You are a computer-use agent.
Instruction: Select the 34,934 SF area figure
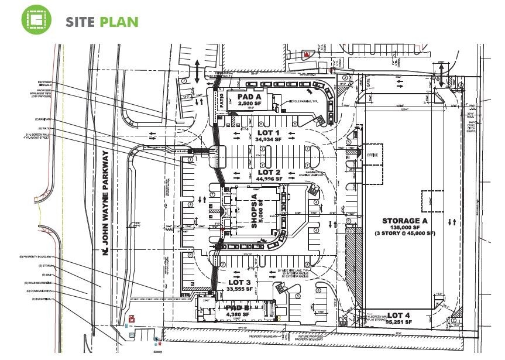click(269, 139)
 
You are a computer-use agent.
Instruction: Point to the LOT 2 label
click(269, 172)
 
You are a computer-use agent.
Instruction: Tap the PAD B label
click(238, 308)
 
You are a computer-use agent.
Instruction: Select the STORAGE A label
click(402, 221)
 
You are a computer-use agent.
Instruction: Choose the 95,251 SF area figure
click(399, 323)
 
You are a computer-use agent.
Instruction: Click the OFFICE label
click(372, 155)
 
